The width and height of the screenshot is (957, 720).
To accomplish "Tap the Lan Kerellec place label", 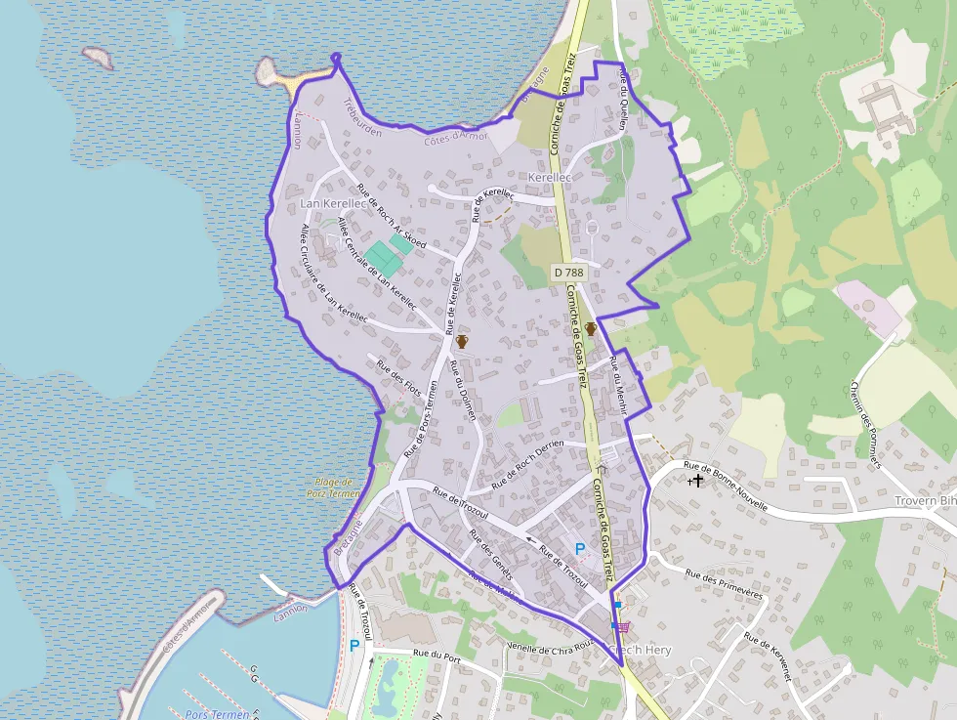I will [x=333, y=203].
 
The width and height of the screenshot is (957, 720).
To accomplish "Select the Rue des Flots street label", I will [x=398, y=382].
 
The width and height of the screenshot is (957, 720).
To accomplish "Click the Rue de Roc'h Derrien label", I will [x=528, y=464].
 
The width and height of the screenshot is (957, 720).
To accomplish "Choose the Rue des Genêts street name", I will [x=490, y=554].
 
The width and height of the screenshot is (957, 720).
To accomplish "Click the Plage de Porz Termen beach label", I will [x=333, y=487].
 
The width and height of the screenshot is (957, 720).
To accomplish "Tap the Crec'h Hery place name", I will [x=639, y=650].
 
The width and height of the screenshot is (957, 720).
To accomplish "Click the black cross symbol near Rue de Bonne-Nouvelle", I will [x=697, y=481].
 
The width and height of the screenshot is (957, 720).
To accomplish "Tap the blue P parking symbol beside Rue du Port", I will [x=354, y=645].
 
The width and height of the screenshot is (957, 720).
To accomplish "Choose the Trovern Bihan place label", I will [x=925, y=501].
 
